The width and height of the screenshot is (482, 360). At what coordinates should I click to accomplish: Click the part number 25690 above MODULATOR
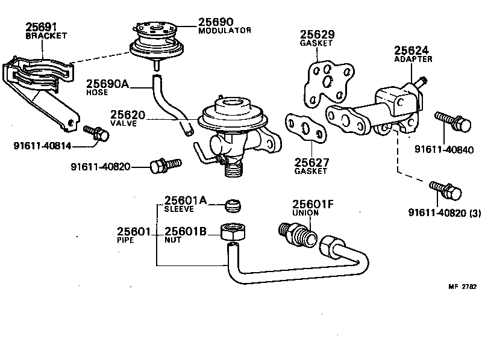[x=216, y=22]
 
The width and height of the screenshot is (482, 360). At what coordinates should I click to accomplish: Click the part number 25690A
[x=107, y=84]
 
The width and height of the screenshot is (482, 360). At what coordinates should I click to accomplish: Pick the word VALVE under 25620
[x=124, y=123]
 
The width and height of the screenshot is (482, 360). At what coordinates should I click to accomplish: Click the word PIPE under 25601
[x=126, y=240]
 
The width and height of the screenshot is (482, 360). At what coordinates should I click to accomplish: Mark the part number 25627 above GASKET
[x=310, y=162]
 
